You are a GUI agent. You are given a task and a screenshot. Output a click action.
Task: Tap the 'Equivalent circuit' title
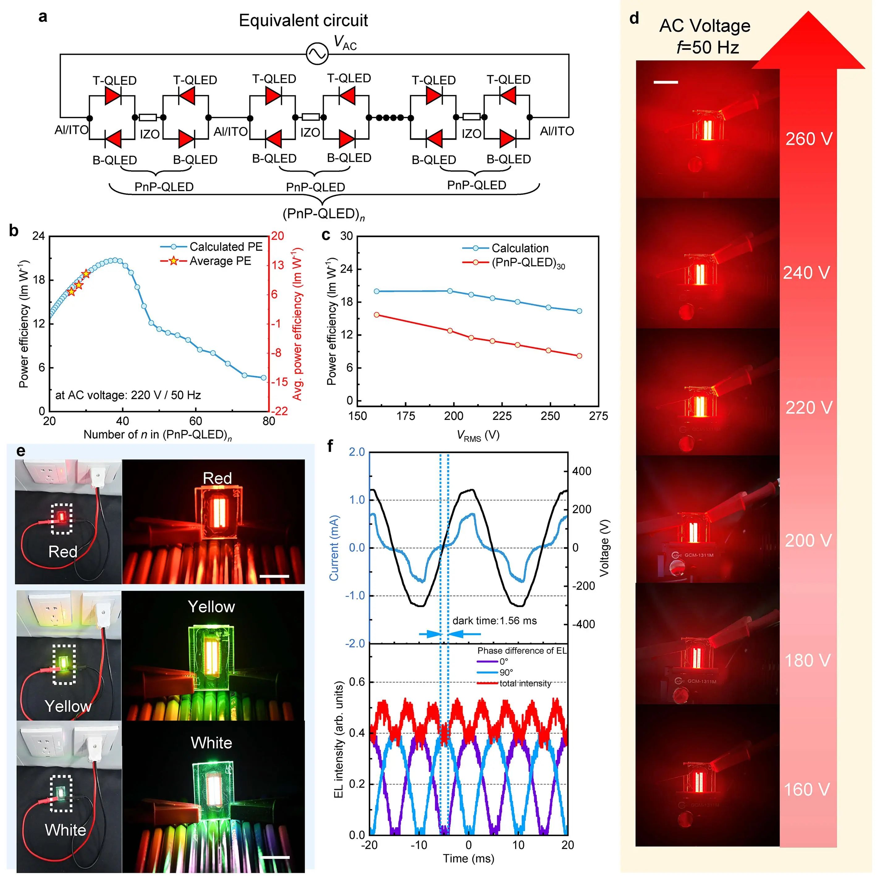303,21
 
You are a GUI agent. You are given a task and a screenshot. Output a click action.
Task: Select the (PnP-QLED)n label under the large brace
323,214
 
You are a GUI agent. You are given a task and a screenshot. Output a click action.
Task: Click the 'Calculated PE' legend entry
226,247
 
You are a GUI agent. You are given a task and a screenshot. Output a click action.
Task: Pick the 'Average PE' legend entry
220,261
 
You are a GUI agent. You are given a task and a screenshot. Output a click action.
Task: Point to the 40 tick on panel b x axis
122,421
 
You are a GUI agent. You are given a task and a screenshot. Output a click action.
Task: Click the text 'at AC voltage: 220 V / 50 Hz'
128,395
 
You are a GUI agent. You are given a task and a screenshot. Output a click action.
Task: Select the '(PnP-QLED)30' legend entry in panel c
528,263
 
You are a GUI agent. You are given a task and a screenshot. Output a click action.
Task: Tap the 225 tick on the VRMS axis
502,416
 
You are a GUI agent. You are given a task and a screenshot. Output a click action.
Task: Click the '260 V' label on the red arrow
809,139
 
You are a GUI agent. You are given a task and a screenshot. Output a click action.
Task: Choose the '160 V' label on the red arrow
807,789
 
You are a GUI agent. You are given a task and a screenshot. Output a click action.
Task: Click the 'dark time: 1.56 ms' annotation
494,621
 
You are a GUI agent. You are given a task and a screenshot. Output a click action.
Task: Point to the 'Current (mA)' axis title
334,548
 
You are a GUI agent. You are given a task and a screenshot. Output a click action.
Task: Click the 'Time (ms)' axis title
468,858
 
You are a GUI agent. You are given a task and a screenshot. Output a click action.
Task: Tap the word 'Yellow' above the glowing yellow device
211,607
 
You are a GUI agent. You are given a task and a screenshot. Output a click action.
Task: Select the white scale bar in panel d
666,83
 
